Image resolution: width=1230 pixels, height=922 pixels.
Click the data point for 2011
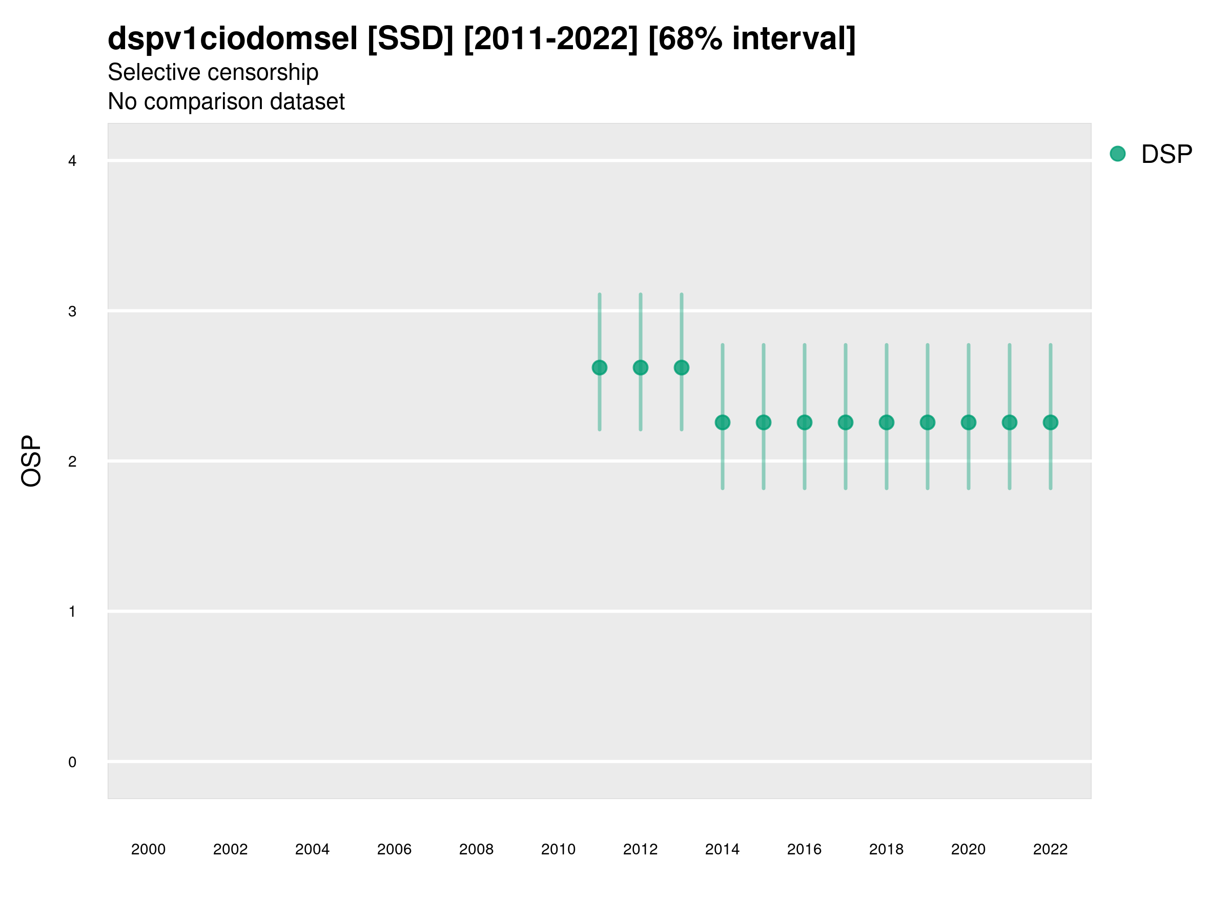click(x=600, y=367)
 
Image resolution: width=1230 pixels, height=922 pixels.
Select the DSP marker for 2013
click(x=681, y=367)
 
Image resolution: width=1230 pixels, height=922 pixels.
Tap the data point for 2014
click(x=722, y=423)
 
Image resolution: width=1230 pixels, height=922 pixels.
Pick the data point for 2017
click(x=845, y=423)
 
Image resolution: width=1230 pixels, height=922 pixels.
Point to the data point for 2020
click(x=968, y=423)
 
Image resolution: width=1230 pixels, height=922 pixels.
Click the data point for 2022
click(x=1051, y=423)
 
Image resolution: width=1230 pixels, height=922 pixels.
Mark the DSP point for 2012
click(x=641, y=367)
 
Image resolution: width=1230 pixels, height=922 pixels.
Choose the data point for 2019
click(x=928, y=423)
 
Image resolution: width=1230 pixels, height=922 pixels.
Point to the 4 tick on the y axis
click(x=72, y=161)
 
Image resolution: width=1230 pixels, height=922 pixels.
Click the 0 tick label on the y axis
click(x=72, y=762)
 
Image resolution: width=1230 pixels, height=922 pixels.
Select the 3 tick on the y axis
click(x=72, y=311)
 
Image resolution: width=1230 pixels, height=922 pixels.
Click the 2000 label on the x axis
click(x=149, y=849)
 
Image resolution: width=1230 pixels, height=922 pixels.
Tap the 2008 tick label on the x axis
click(x=477, y=849)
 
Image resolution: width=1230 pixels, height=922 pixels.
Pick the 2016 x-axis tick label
click(x=804, y=849)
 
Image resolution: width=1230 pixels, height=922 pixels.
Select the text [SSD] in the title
click(x=411, y=39)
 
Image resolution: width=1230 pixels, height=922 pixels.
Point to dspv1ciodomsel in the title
click(x=233, y=39)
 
